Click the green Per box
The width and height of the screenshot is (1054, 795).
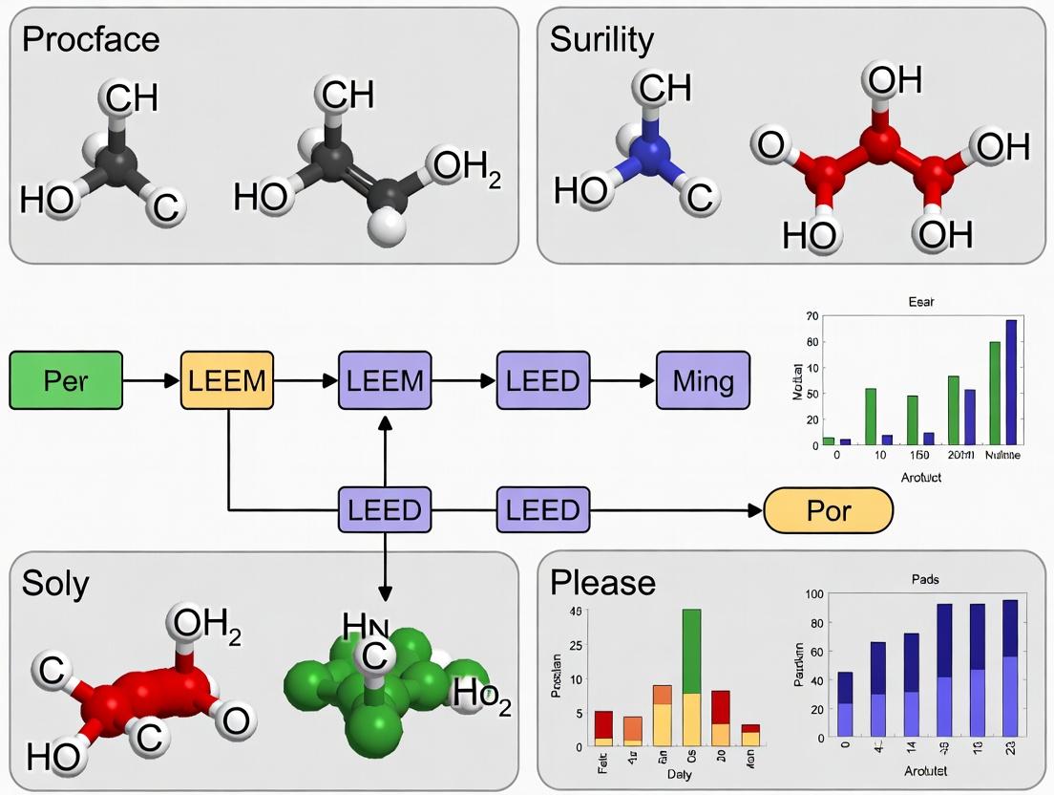coord(66,380)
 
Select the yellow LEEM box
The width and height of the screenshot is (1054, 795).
coord(227,380)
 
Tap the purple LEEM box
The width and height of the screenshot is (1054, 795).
coord(385,380)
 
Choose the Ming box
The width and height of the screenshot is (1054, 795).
coord(703,380)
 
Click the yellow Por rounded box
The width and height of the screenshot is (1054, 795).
coord(828,512)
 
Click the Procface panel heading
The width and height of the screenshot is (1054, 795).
coord(91,39)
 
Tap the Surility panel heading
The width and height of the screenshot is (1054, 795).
coord(601,39)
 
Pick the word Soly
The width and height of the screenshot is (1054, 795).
coord(55,583)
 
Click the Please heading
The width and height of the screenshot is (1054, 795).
coord(603,582)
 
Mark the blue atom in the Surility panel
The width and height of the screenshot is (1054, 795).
coord(651,153)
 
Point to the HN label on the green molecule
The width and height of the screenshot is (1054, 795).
coord(367,628)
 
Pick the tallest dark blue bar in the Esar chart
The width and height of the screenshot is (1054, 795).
coord(1011,382)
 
